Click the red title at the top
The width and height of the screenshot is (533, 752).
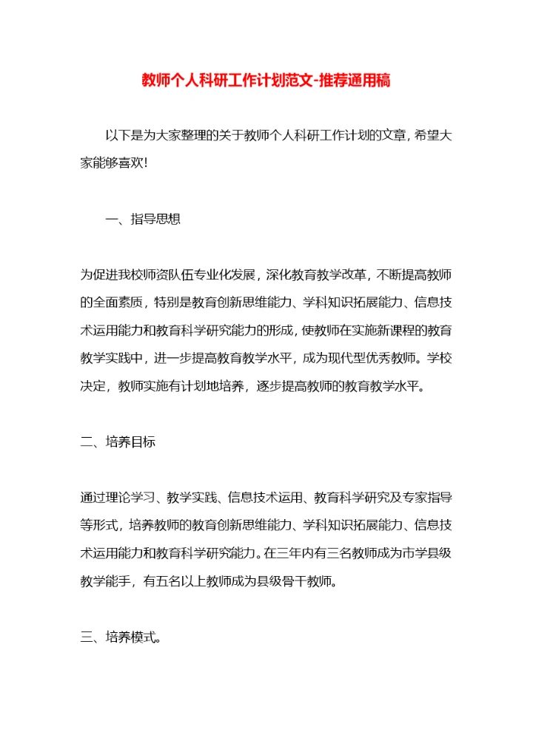pos(266,80)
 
